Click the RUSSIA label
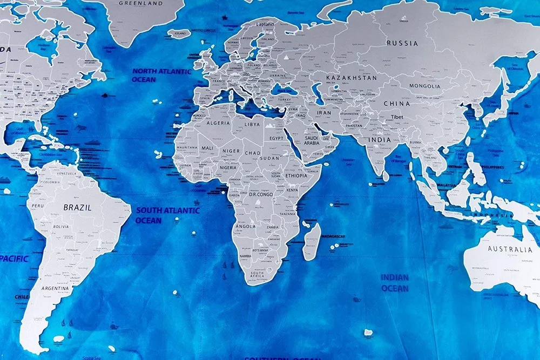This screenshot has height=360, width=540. tap(402, 43)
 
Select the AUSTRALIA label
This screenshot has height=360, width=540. tap(510, 249)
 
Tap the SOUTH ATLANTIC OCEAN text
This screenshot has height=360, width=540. tap(167, 215)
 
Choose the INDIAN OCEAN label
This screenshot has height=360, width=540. tap(395, 282)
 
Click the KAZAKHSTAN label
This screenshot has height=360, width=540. tap(351, 78)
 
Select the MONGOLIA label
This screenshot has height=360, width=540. tap(424, 86)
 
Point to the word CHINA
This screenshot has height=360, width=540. tap(397, 103)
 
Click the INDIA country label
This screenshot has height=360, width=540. tap(380, 140)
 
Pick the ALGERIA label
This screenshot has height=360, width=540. tap(218, 123)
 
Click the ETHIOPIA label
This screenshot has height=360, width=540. tap(296, 175)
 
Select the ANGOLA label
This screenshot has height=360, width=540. tap(246, 226)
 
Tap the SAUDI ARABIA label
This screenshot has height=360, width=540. tap(312, 140)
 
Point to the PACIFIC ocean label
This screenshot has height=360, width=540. tap(14, 259)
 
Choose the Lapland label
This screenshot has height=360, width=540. tap(265, 24)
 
